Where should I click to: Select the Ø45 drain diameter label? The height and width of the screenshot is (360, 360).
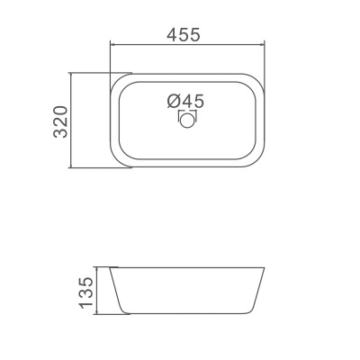point(186,102)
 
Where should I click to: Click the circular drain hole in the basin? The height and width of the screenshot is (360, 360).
point(188,120)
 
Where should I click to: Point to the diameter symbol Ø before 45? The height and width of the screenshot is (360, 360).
point(174,102)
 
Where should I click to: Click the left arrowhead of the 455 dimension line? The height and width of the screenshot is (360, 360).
point(112,44)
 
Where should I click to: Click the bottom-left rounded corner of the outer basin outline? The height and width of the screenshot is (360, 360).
point(116,159)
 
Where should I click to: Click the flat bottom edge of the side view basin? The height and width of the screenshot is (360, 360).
point(186,314)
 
